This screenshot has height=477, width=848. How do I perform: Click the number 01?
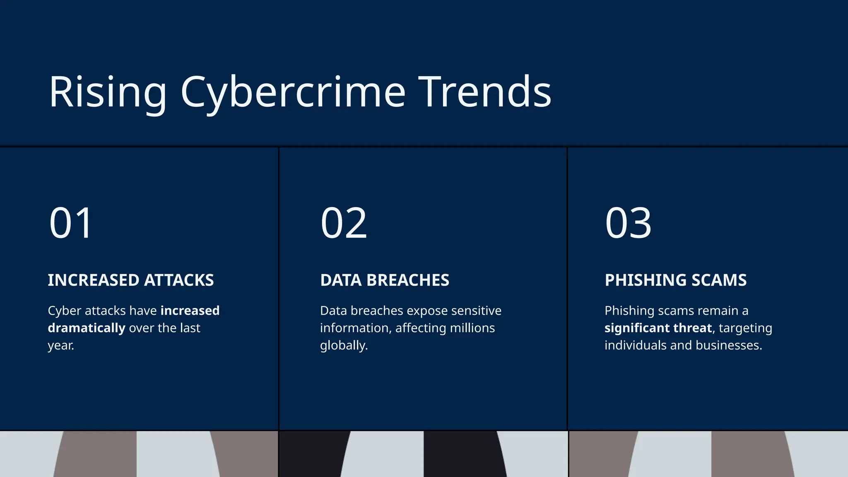(70, 223)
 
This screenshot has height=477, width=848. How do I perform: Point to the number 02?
(344, 223)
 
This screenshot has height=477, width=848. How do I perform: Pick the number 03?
(628, 223)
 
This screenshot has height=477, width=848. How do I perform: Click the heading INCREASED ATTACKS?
(131, 280)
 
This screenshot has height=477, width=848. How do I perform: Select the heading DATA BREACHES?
(385, 280)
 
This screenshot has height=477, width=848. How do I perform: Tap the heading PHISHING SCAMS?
(676, 280)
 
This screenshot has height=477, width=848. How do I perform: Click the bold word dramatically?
(87, 328)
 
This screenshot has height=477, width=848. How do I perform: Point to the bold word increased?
(190, 311)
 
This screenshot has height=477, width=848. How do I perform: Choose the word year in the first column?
(60, 345)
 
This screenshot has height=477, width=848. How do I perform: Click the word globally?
(344, 345)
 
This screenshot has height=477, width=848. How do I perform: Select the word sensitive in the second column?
(476, 311)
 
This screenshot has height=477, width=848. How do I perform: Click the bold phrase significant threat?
(658, 328)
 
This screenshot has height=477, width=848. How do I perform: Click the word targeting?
(745, 328)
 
